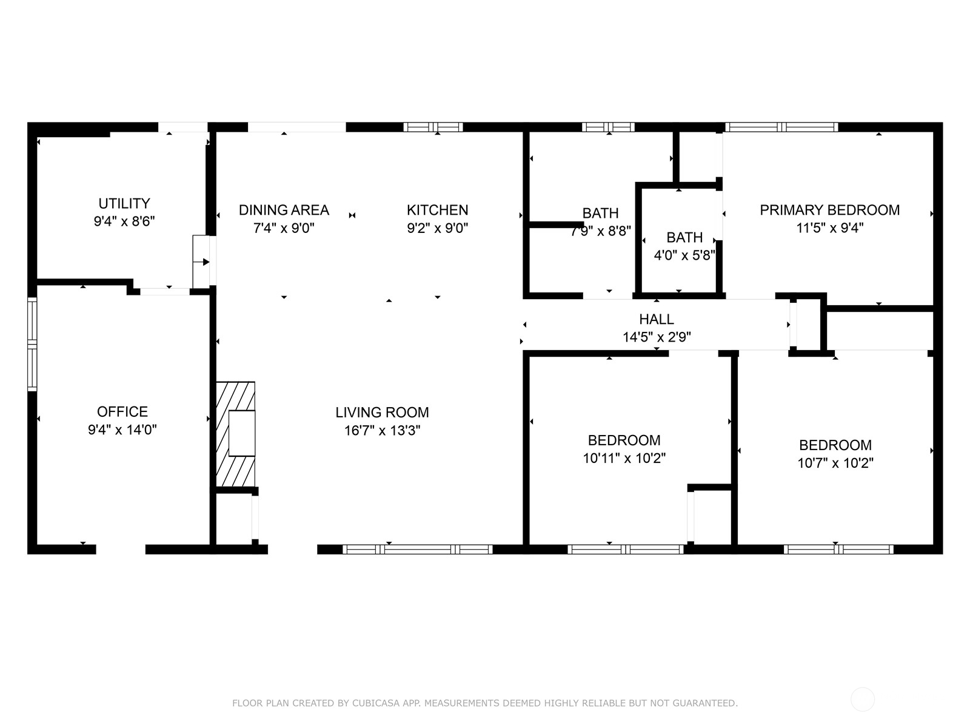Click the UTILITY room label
(124, 203)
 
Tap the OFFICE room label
(122, 411)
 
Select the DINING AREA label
(284, 210)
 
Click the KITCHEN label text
(438, 210)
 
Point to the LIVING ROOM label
(383, 413)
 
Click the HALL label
(657, 319)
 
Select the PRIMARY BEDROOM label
(830, 210)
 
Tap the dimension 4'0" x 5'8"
(684, 255)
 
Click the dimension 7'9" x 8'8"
(601, 231)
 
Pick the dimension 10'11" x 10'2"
(624, 459)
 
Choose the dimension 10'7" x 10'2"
(835, 463)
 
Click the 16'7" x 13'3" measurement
(383, 431)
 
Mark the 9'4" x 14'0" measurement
(122, 430)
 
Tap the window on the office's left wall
(32, 344)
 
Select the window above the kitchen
(433, 127)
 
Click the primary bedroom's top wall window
(781, 127)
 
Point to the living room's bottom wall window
(418, 550)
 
